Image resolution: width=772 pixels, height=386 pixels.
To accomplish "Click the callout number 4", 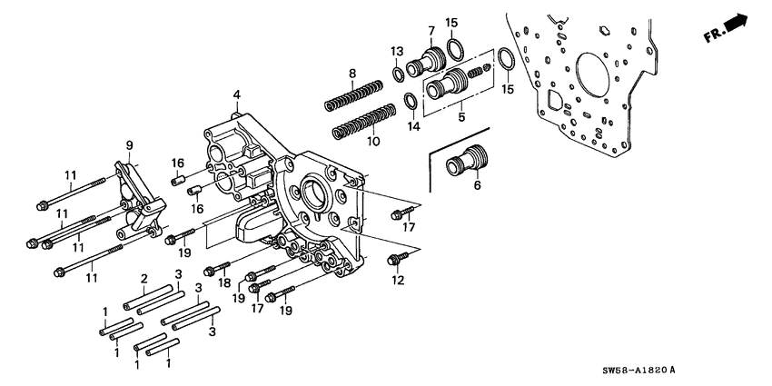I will click(236, 94).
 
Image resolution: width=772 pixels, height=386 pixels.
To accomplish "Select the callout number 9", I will click(129, 145).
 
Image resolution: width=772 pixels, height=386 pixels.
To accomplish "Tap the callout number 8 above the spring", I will click(352, 73).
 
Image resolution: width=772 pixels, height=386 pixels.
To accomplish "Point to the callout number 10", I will click(371, 141).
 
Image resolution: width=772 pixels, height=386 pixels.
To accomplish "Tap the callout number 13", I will click(397, 50).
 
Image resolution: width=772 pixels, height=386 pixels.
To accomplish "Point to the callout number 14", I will click(413, 126).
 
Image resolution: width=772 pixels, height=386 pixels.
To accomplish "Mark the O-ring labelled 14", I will click(410, 99).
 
